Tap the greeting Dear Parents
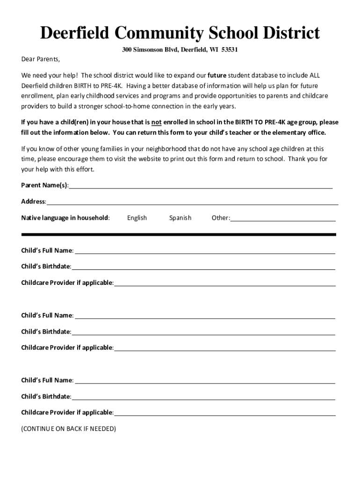pos(41,59)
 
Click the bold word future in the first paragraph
pos(217,75)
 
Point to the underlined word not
pos(156,123)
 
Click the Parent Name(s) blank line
pos(201,187)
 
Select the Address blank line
pos(192,203)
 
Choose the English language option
pos(137,218)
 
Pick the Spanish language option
pos(180,218)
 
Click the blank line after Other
pos(283,219)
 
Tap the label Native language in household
pos(65,218)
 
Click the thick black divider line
pos(179,234)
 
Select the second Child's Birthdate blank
pos(203,334)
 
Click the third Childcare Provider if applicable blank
pos(225,414)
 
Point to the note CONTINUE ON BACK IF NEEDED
pos(69,428)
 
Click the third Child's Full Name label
pos(47,380)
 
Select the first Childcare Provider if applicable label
pos(67,283)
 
